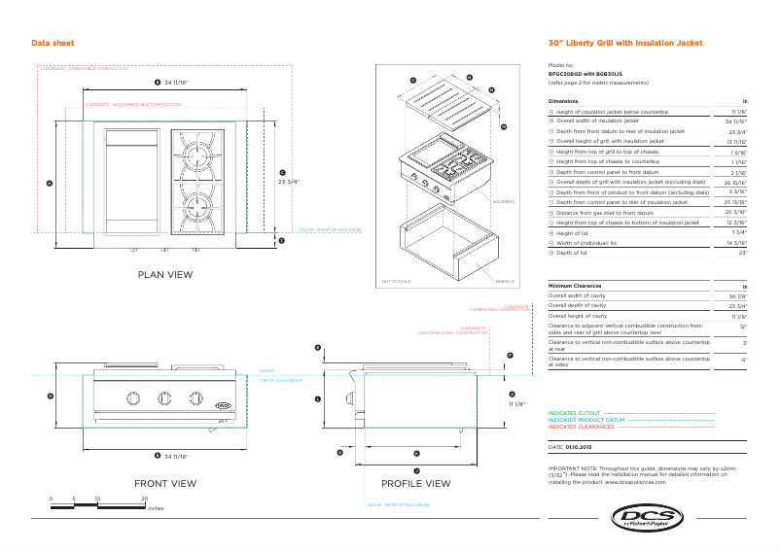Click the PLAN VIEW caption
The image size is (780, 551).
(x=165, y=275)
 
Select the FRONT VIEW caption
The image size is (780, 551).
(x=165, y=483)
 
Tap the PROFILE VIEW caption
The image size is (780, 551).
(x=415, y=483)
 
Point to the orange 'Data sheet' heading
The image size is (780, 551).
(x=53, y=44)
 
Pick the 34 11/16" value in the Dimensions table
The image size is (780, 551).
(x=736, y=121)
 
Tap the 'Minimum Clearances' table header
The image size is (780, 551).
(x=581, y=286)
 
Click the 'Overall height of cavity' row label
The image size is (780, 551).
(x=578, y=316)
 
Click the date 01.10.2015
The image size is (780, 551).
(x=578, y=445)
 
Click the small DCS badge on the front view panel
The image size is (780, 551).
(x=223, y=397)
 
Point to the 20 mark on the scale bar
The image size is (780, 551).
(x=145, y=499)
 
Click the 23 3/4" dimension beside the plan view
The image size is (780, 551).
(x=289, y=181)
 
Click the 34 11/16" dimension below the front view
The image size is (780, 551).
(x=176, y=456)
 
